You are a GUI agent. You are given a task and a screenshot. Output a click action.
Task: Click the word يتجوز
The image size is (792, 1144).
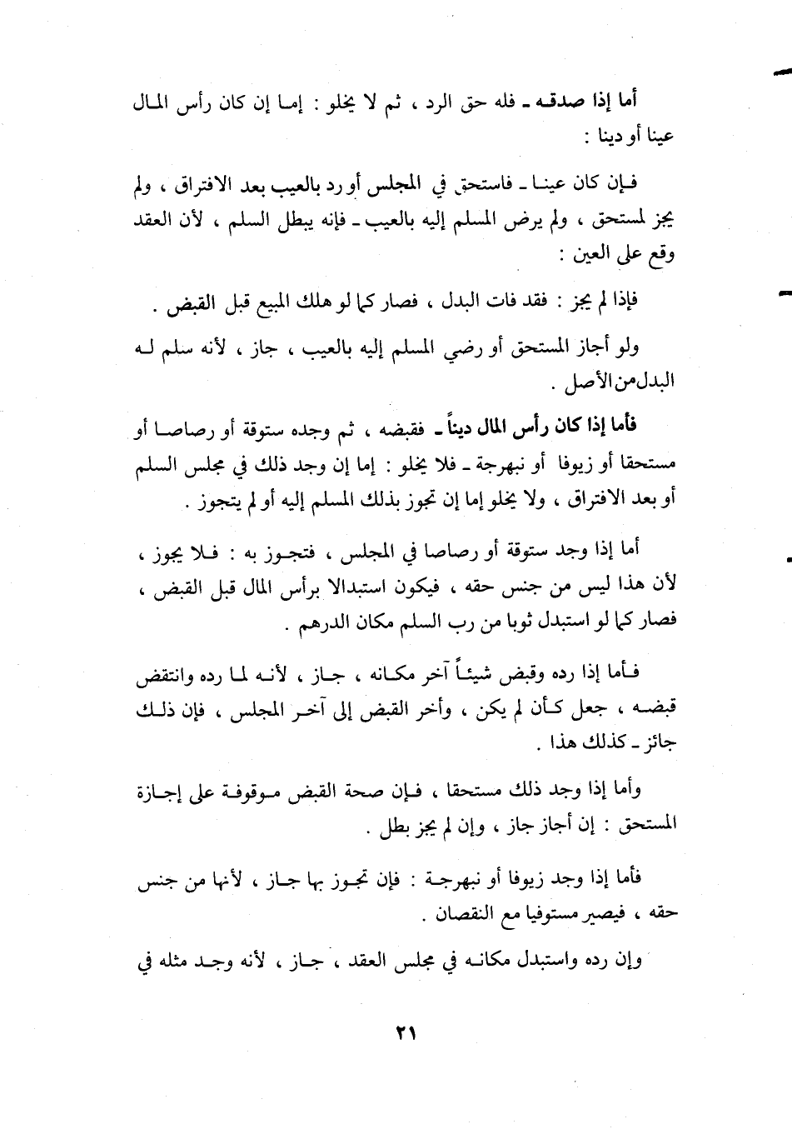pos(212,504)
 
